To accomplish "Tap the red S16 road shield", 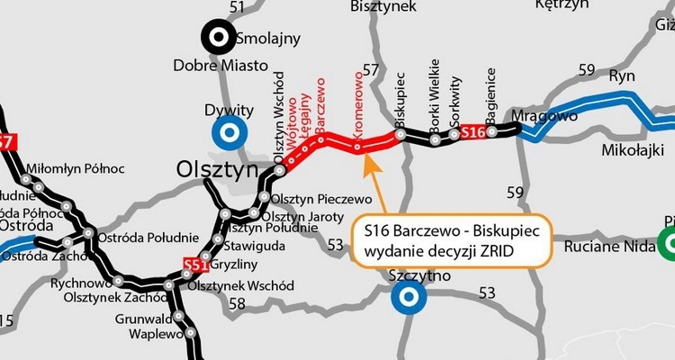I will click(473, 133).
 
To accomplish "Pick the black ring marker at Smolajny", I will click(217, 37).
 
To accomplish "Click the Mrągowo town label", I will click(544, 116).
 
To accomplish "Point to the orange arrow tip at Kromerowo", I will click(363, 154).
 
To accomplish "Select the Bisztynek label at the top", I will click(382, 7).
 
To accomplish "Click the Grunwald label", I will click(143, 318).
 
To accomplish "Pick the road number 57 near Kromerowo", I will click(371, 69).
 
